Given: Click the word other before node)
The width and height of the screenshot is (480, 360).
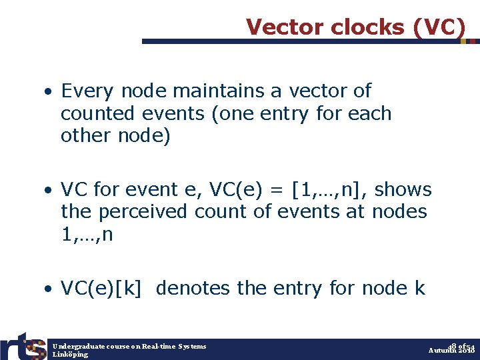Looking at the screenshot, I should [85, 135].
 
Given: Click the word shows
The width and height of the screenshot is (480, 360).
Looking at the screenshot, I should [404, 190].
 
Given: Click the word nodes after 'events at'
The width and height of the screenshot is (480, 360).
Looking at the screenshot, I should [401, 212].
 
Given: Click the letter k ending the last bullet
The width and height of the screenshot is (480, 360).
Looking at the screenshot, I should [419, 289].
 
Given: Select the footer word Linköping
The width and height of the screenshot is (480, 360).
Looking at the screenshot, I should [70, 354].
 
